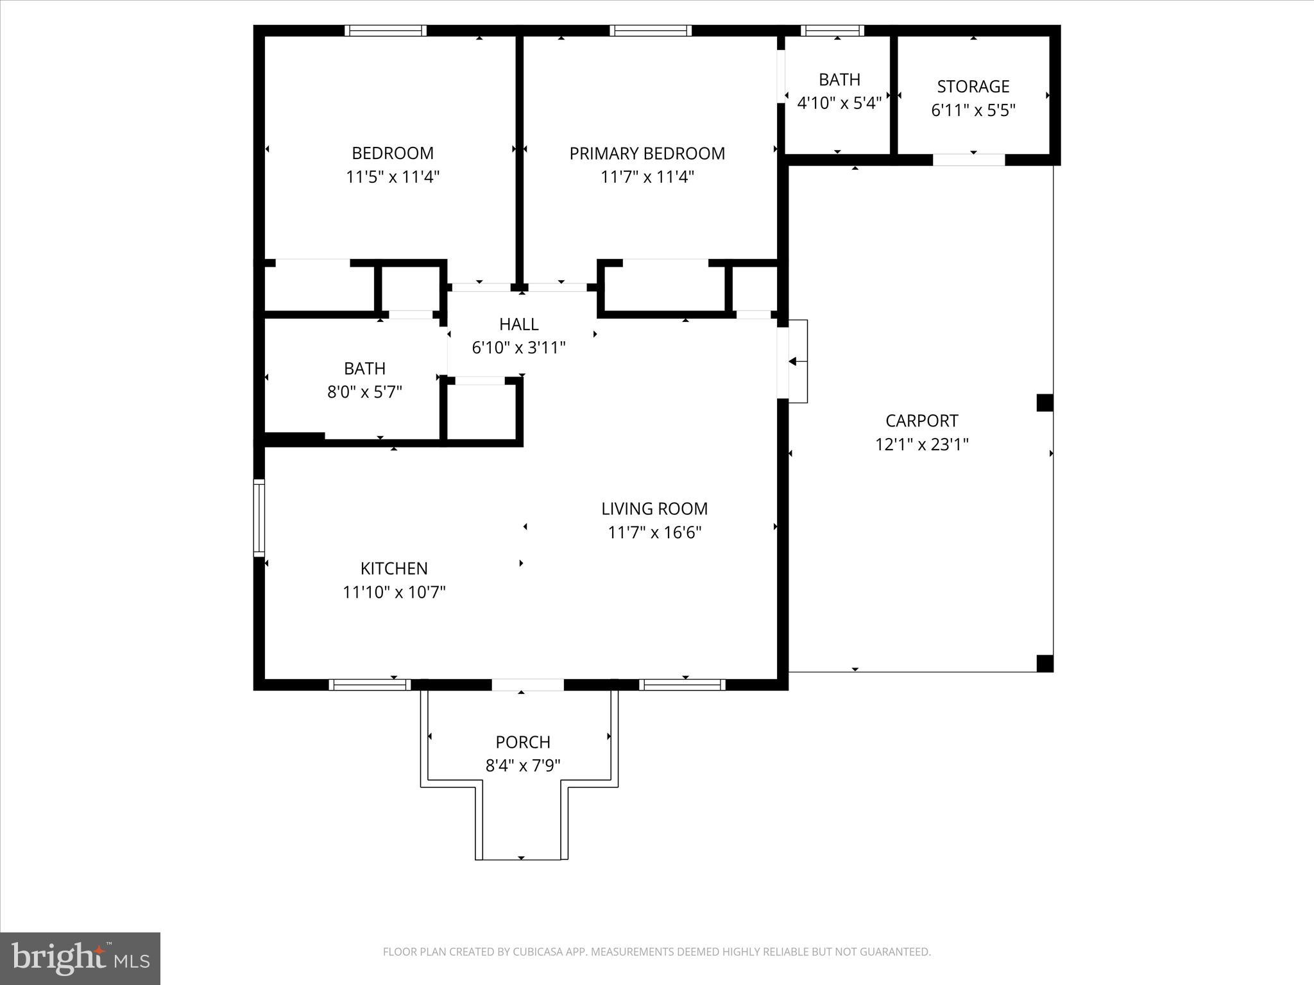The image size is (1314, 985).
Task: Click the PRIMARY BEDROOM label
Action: (647, 154)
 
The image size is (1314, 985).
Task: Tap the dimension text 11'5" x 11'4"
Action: (393, 177)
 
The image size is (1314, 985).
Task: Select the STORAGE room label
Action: (973, 87)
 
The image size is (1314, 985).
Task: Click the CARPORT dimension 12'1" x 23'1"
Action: (921, 444)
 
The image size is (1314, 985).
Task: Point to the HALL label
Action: (518, 324)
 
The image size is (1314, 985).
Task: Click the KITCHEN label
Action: (393, 569)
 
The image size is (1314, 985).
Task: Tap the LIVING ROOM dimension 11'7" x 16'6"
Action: (654, 532)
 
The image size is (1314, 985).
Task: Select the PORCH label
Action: (522, 743)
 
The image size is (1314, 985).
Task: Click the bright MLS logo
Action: (80, 958)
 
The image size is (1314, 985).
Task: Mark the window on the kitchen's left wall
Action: (259, 518)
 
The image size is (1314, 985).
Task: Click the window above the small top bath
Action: (832, 31)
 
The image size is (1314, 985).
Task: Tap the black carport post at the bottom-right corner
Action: (1045, 663)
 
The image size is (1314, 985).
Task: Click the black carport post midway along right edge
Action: (1045, 403)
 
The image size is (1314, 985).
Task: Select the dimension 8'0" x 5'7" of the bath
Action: (364, 392)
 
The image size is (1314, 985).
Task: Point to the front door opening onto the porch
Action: (527, 685)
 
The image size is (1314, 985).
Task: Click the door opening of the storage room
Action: (968, 160)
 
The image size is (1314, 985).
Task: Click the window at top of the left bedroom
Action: (385, 31)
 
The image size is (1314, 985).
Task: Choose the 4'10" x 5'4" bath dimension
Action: (839, 103)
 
